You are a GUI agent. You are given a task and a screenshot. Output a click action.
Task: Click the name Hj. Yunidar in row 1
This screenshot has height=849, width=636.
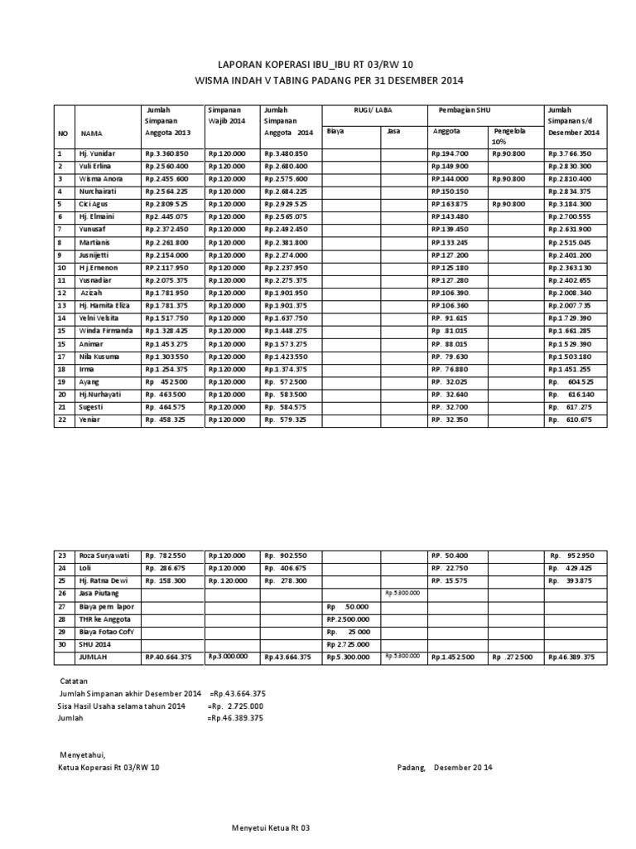click(x=98, y=154)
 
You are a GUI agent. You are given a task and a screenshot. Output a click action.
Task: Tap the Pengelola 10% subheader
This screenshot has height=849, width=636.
click(x=508, y=136)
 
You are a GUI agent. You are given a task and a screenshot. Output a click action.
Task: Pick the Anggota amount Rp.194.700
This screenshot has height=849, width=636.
click(x=450, y=154)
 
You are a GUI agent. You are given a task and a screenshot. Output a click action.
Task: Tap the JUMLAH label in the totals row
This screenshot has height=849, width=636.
click(x=94, y=657)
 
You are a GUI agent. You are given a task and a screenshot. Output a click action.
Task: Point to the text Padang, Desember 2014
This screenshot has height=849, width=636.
click(x=445, y=768)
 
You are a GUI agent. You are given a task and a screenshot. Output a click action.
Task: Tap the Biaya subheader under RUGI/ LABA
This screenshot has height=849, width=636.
click(x=335, y=131)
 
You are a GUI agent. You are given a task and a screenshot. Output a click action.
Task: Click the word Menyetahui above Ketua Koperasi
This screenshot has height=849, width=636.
click(x=83, y=754)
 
